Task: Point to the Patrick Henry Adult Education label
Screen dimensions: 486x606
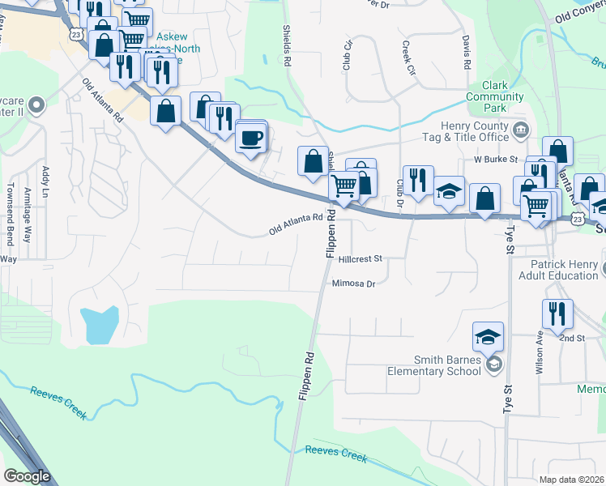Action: tap(564, 270)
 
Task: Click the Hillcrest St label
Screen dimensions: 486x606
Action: tap(360, 259)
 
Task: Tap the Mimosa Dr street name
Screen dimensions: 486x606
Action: tap(354, 283)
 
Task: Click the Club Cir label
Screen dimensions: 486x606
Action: tap(348, 54)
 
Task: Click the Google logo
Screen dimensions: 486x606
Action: tap(27, 476)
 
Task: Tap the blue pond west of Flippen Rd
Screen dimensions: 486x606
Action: tap(100, 325)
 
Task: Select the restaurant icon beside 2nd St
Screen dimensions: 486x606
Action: tap(557, 313)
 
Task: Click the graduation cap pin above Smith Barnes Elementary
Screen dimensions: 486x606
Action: tap(489, 336)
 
